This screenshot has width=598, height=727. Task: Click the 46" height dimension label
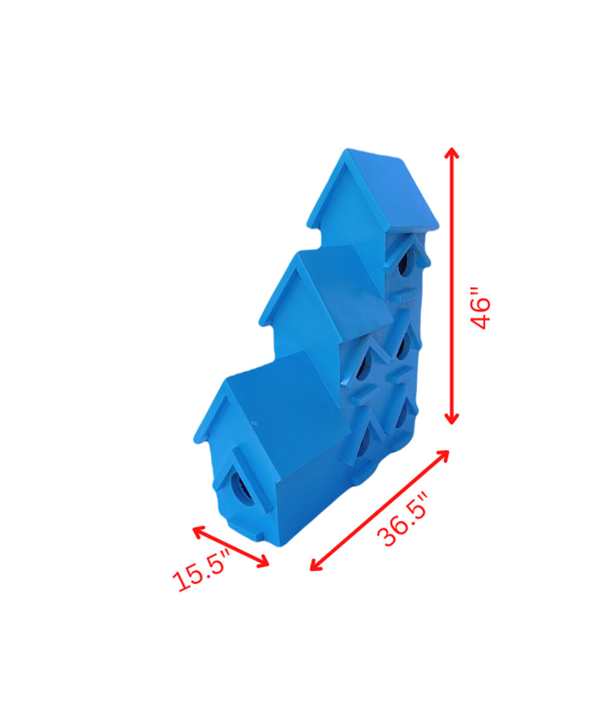pos(480,309)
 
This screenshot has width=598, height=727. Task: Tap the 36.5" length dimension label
pos(402,520)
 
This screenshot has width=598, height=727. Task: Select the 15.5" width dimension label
pos(201,571)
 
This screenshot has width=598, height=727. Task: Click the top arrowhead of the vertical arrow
pos(451,153)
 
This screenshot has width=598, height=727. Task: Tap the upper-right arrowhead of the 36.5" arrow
pos(443,455)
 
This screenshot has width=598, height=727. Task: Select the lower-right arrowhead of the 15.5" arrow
pos(263,561)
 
